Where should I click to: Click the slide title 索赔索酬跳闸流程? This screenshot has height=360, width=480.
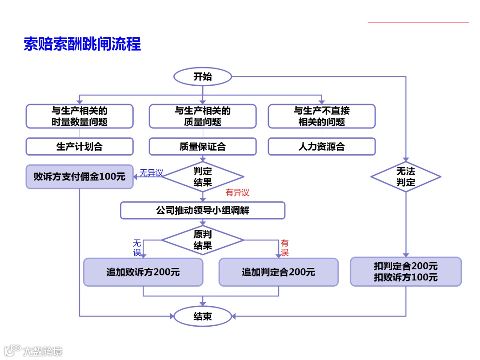(82, 44)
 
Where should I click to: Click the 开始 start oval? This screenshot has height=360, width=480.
(203, 76)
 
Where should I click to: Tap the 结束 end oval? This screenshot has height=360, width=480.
(203, 316)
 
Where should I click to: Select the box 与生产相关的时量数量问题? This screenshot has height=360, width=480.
(80, 116)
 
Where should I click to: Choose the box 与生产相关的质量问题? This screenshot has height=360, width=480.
(203, 116)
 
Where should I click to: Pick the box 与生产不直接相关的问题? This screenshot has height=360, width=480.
(322, 116)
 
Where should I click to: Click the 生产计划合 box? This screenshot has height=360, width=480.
(80, 147)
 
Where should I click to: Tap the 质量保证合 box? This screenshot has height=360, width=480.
(203, 147)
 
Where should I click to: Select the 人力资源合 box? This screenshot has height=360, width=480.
(322, 147)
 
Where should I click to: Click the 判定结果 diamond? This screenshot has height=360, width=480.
(203, 176)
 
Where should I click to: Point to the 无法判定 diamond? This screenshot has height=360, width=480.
(406, 176)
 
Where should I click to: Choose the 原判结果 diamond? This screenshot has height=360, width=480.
(203, 240)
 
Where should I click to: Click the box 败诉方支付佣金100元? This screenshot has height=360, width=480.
(80, 176)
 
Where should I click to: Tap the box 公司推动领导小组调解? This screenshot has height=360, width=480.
(203, 210)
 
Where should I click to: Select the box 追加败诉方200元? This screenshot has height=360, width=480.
(143, 272)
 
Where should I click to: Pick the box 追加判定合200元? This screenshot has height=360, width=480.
(279, 272)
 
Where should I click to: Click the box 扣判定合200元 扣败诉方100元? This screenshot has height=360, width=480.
(406, 272)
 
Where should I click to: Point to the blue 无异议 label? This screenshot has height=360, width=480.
(151, 173)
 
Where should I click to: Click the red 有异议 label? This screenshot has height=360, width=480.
(238, 192)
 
